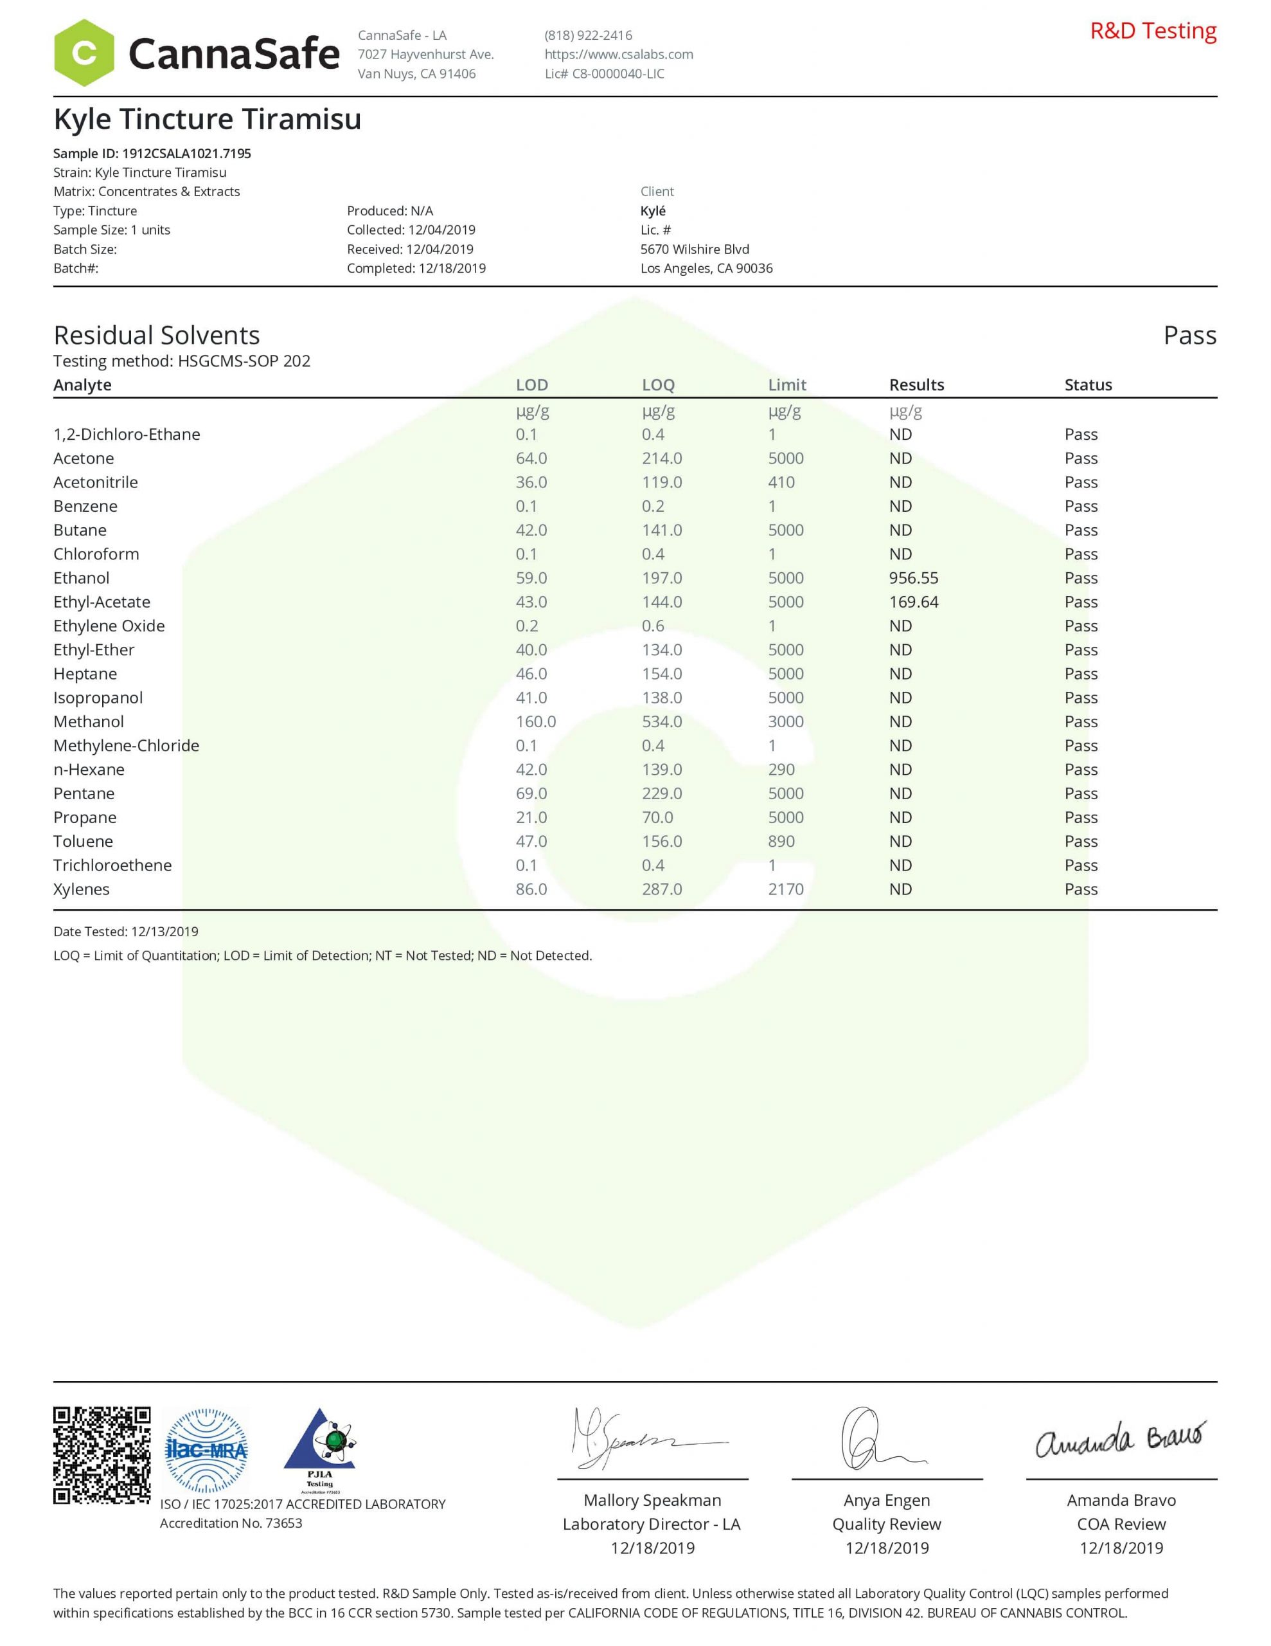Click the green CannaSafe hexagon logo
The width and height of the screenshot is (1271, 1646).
click(84, 53)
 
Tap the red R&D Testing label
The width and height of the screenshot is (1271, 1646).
click(1153, 31)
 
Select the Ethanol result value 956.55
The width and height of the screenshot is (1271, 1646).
click(913, 578)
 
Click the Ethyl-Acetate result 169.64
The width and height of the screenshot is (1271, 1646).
click(913, 602)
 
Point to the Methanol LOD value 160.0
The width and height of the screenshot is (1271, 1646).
click(536, 722)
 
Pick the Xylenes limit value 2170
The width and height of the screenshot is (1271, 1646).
click(786, 889)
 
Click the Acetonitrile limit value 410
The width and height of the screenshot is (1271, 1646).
click(781, 482)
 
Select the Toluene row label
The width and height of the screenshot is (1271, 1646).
click(83, 842)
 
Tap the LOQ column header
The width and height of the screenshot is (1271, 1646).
click(658, 385)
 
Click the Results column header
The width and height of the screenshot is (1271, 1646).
click(916, 385)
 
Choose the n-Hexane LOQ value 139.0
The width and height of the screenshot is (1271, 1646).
click(661, 770)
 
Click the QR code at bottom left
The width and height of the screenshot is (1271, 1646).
click(102, 1454)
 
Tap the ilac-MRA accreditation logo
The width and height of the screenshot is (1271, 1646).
click(206, 1451)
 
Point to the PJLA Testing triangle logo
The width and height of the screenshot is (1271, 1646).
click(319, 1449)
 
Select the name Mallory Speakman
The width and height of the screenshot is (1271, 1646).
click(652, 1501)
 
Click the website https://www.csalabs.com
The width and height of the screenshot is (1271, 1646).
click(619, 54)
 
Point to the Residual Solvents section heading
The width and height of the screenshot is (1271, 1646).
click(157, 336)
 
